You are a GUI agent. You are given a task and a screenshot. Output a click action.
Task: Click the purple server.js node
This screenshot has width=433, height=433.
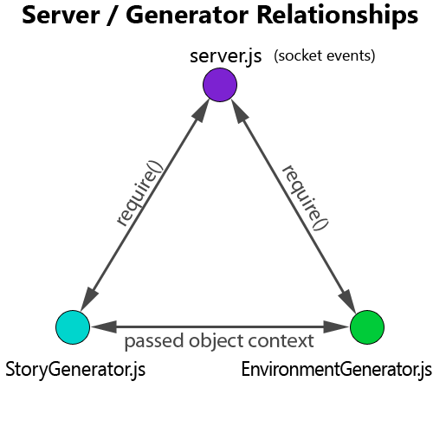(x=220, y=85)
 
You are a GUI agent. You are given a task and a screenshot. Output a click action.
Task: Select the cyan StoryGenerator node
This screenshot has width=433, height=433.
(x=73, y=327)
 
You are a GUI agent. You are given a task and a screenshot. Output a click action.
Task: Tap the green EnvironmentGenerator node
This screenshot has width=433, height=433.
(x=367, y=327)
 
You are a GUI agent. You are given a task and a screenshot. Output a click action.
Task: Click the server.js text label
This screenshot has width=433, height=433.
(x=226, y=56)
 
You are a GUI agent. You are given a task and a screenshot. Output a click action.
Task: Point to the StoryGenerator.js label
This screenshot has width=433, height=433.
(x=75, y=370)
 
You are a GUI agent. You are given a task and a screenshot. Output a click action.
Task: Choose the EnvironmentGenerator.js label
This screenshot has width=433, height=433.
(x=337, y=370)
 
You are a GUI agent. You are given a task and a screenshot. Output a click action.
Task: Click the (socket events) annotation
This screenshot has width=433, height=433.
(x=325, y=55)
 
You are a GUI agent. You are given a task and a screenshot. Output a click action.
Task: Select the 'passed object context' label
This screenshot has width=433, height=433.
(x=219, y=341)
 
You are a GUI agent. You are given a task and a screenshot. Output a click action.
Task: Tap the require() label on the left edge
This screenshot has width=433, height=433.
(x=139, y=193)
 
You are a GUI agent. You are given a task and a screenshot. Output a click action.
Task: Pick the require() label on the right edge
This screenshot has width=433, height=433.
(x=306, y=198)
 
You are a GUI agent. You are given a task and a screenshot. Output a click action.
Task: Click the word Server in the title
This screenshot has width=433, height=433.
(x=61, y=16)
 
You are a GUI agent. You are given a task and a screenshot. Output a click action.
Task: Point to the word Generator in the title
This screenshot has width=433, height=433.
(x=187, y=16)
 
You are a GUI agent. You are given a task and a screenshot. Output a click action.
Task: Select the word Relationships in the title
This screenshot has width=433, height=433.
(x=338, y=16)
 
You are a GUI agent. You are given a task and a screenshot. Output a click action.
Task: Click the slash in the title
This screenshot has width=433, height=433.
(x=113, y=16)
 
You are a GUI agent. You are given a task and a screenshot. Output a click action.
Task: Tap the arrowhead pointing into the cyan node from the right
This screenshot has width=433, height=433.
(x=104, y=327)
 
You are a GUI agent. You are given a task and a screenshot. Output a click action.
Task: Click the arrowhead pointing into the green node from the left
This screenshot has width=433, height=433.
(x=336, y=327)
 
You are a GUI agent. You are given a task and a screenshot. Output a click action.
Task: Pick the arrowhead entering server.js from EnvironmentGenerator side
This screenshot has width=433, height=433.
(x=240, y=111)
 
